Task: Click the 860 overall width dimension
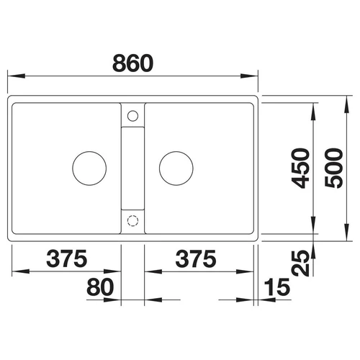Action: [x=132, y=63]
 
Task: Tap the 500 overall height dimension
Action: [x=334, y=168]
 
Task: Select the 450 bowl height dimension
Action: [x=300, y=168]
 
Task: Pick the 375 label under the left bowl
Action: [x=67, y=258]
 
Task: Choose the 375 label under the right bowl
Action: [x=196, y=258]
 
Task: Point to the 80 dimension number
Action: [x=100, y=287]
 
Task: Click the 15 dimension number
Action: [x=277, y=287]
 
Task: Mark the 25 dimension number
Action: [x=300, y=264]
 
